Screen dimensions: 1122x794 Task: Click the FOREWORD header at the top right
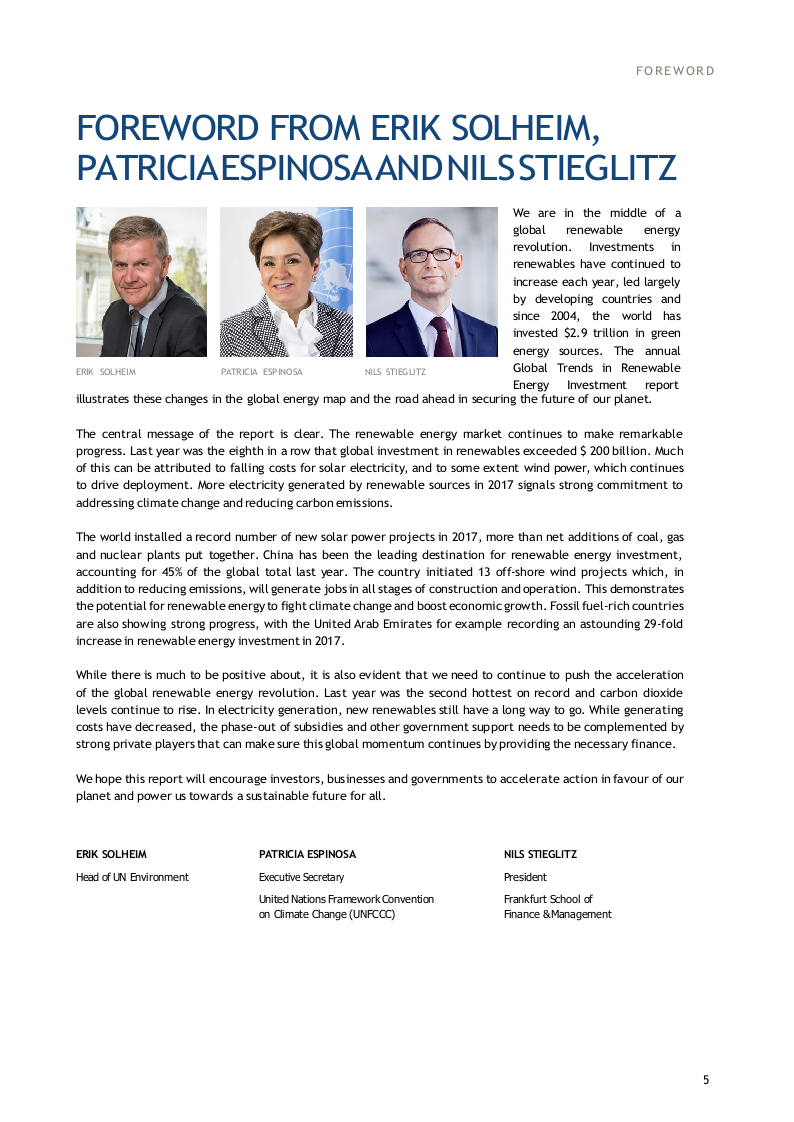[675, 71]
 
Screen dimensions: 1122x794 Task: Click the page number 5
[706, 1079]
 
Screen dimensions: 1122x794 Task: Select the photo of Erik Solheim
[141, 282]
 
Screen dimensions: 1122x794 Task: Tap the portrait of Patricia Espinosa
[286, 282]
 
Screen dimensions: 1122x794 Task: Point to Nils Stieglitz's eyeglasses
[430, 255]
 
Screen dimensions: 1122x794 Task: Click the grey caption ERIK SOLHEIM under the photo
[106, 372]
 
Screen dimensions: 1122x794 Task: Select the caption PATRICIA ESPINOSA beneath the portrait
[261, 372]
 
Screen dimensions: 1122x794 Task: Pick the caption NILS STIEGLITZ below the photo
[395, 372]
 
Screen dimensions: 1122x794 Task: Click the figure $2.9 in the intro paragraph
[578, 333]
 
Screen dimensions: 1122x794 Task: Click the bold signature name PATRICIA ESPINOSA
[307, 854]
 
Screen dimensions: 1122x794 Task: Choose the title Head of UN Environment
[132, 877]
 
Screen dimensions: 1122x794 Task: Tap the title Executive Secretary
[301, 877]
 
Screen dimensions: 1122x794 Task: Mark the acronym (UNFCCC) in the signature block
[372, 914]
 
